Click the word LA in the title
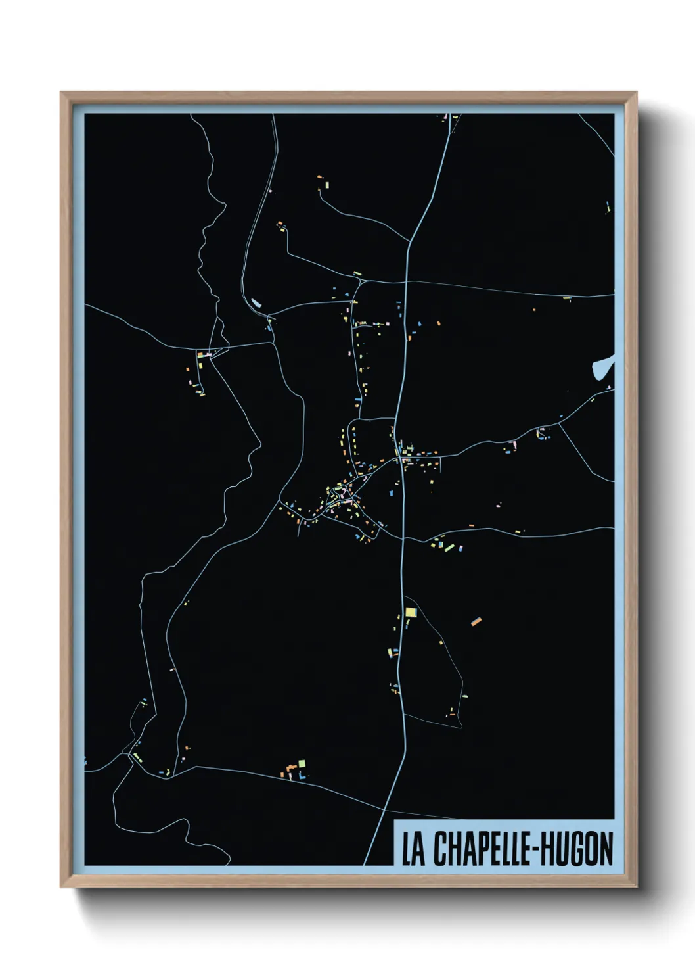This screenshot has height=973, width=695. tap(413, 849)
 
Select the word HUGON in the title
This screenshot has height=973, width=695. tap(579, 849)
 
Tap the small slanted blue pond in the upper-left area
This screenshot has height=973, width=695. tap(256, 304)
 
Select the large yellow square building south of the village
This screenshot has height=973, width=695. tap(411, 613)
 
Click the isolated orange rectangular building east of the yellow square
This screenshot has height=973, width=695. tap(476, 621)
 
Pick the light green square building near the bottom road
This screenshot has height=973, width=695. tap(302, 763)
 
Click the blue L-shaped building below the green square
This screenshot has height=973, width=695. tap(302, 776)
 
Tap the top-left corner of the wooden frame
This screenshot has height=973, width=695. tap(62, 93)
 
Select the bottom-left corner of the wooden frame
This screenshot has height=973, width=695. tap(62, 886)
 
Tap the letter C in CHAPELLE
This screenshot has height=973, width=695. tap(440, 849)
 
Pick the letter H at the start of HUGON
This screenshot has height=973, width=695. tap(550, 849)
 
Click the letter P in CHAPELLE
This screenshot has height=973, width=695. tap(479, 849)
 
